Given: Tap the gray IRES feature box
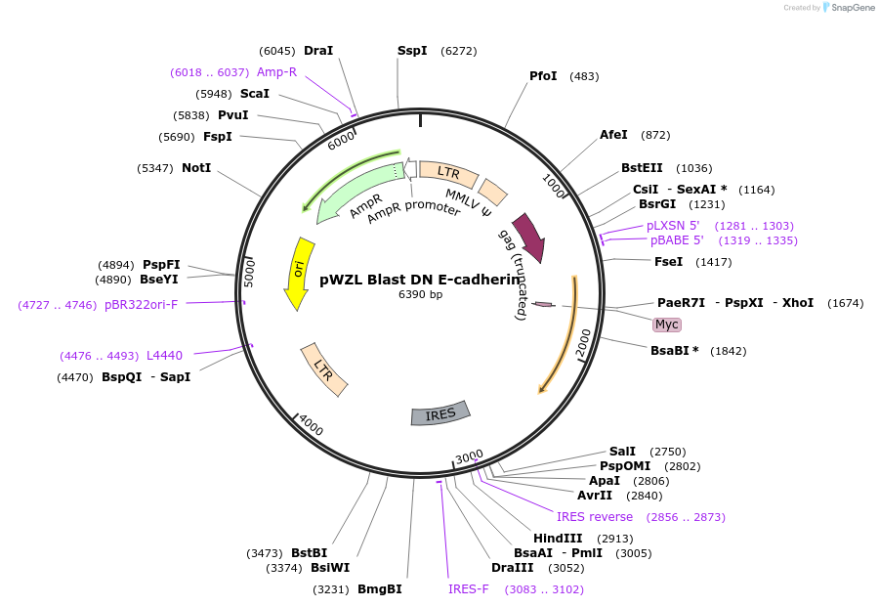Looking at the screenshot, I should click(440, 413).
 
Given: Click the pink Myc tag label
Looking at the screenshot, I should click(666, 325).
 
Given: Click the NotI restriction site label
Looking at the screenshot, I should click(196, 168).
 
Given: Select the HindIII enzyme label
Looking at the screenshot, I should click(558, 539).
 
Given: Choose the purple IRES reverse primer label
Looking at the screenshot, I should click(595, 517).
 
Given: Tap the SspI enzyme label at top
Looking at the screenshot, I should click(412, 51).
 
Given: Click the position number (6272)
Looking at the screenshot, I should click(459, 51).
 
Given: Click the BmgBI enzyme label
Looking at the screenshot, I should click(379, 589).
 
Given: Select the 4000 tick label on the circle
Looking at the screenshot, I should click(311, 426).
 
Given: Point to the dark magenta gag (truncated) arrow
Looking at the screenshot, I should click(528, 237).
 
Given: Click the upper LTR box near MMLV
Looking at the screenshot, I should click(448, 174).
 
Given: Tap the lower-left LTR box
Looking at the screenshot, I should click(323, 369).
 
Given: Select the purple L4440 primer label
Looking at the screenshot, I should click(164, 355).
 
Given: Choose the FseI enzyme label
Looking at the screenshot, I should click(668, 262).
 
